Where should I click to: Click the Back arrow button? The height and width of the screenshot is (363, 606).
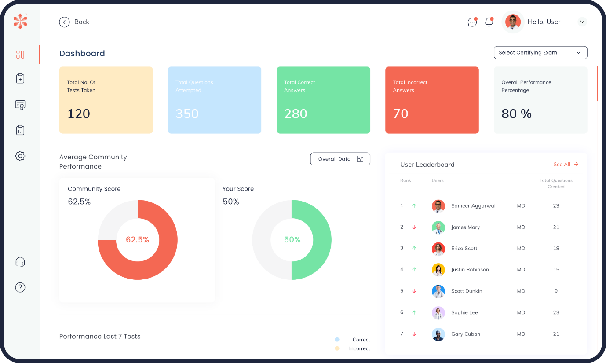65,22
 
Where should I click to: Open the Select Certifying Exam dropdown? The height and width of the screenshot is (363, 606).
540,52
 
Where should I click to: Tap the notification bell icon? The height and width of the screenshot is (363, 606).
489,22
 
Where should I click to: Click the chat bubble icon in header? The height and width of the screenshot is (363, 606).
472,22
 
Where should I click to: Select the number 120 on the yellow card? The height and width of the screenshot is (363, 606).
79,114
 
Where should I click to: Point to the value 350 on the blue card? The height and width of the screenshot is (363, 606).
187,114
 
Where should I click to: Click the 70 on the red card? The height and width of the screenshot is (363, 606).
401,114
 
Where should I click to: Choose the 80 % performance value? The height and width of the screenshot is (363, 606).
516,114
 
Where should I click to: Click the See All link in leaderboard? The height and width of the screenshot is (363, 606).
566,164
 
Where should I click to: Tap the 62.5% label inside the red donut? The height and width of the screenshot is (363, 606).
137,240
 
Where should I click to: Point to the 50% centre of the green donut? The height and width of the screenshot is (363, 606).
292,240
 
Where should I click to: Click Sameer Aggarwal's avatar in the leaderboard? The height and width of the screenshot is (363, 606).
438,206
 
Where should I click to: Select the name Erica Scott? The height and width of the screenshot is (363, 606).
464,248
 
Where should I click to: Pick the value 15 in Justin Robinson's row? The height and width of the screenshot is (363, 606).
556,269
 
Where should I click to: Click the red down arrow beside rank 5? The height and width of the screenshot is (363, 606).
414,291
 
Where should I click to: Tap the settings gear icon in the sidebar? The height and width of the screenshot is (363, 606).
20,156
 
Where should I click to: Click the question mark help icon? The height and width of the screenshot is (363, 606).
20,287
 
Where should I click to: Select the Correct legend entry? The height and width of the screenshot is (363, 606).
361,340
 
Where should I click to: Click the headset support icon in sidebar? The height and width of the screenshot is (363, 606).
20,262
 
